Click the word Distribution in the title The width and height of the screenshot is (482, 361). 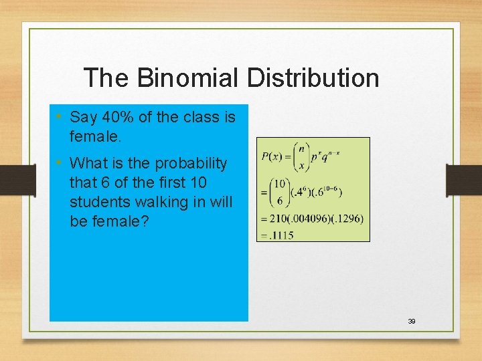tap(313, 78)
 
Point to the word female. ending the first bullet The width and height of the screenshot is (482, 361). tap(96, 136)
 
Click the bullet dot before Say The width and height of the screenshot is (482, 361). tap(59, 117)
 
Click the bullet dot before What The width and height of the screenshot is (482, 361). tap(59, 162)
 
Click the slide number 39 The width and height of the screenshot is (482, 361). tap(412, 322)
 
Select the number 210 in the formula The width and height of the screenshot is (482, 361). tap(275, 219)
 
